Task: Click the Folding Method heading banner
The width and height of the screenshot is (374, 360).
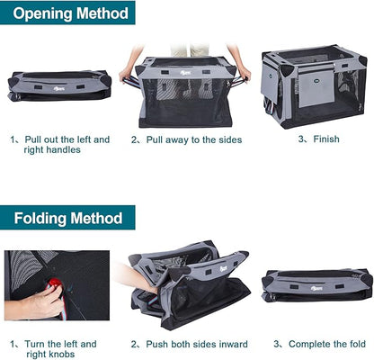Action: tap(67, 218)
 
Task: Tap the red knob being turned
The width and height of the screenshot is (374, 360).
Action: tap(56, 285)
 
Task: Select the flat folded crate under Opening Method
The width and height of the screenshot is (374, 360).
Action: tap(59, 86)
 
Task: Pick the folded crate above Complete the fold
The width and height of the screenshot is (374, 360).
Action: tap(316, 286)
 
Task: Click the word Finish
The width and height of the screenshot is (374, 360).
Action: tap(326, 139)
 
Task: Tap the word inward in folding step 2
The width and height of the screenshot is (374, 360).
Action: tap(230, 344)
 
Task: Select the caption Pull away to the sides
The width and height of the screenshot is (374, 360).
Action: tap(193, 139)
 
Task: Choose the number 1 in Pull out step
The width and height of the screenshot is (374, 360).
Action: tap(13, 139)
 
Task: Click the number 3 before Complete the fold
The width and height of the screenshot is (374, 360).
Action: tap(279, 344)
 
